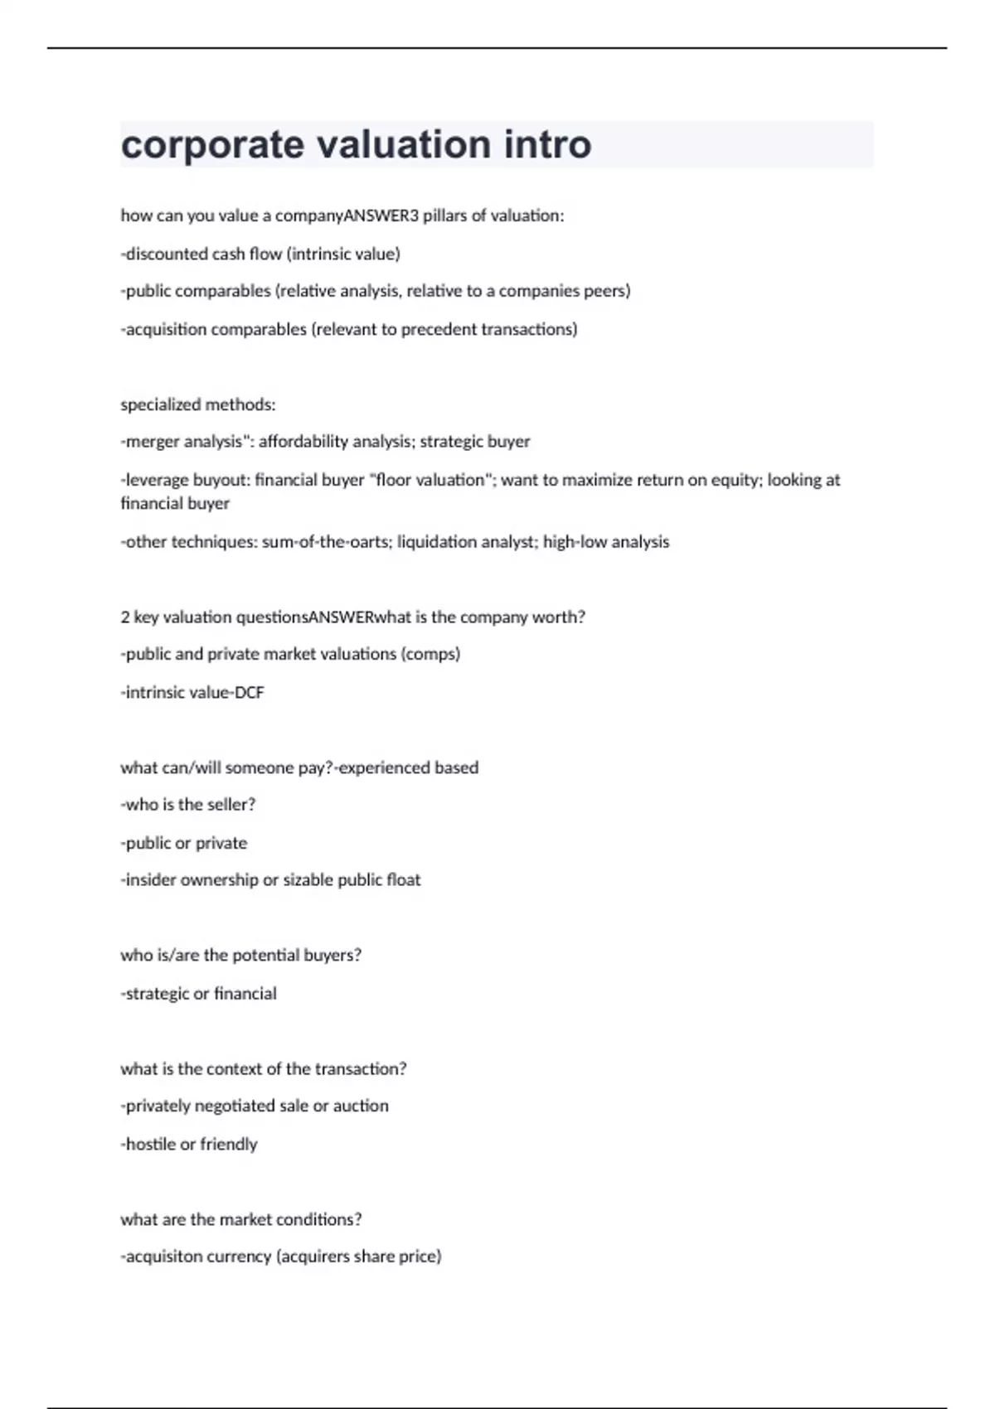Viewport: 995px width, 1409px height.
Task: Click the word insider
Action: coord(150,880)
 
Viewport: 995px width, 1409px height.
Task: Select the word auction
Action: coord(361,1106)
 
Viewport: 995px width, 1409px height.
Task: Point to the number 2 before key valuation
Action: coord(125,617)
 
